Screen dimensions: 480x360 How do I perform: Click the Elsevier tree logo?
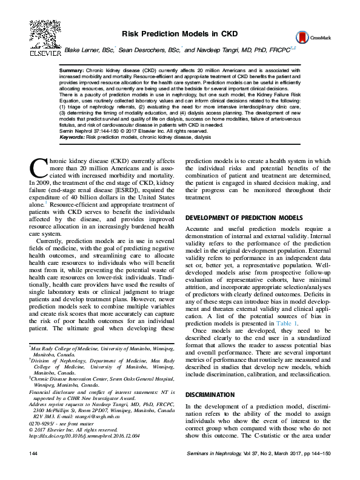pyautogui.click(x=42, y=34)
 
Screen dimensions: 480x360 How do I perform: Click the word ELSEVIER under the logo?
pyautogui.click(x=42, y=53)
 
